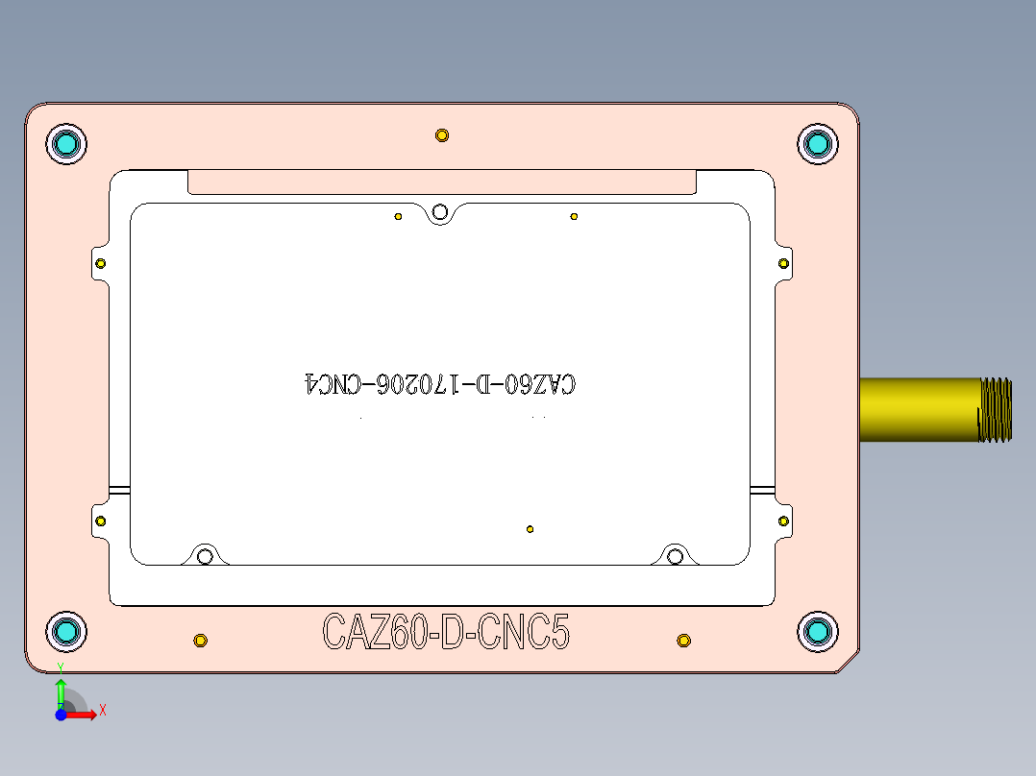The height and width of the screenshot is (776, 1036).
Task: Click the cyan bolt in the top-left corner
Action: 66,144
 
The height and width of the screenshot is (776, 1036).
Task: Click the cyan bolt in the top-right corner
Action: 818,144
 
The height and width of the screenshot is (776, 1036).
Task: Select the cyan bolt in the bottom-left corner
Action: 66,631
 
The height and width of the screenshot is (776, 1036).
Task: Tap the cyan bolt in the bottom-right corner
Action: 818,631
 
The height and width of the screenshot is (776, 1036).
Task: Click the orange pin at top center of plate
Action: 441,135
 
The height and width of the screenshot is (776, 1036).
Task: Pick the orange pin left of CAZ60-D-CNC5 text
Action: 200,641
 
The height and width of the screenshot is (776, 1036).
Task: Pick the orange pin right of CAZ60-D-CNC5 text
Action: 683,641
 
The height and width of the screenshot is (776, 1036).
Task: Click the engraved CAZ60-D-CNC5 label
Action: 446,633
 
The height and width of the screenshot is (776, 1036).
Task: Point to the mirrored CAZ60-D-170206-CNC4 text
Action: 440,384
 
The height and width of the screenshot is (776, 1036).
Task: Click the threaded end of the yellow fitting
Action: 996,410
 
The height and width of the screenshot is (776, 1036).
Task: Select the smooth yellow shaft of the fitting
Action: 918,410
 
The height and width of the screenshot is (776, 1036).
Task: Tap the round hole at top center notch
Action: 440,211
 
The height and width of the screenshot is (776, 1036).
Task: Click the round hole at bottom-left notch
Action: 204,556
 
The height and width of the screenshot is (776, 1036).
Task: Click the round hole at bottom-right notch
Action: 676,556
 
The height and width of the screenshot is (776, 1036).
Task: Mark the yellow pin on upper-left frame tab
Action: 100,263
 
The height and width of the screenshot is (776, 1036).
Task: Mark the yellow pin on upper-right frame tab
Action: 783,263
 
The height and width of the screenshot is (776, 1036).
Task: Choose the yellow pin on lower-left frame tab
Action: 100,521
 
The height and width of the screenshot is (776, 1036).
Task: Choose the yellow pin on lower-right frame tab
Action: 783,521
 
